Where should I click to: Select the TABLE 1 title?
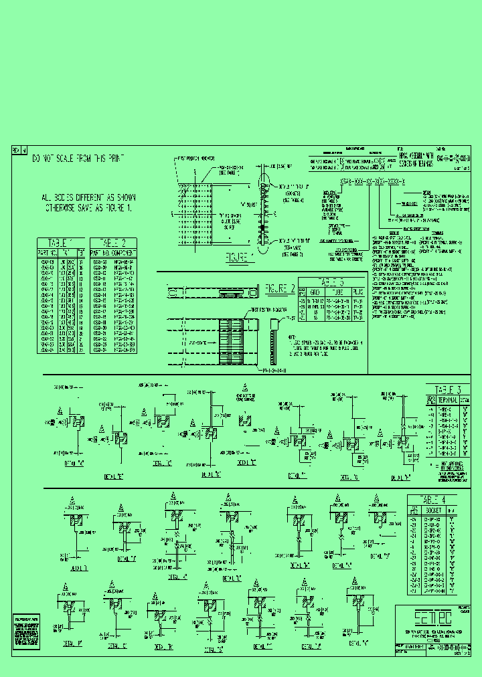(62, 243)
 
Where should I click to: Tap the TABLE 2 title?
(114, 243)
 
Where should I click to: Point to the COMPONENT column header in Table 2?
(125, 252)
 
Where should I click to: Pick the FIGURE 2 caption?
(280, 289)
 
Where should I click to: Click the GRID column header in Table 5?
(315, 292)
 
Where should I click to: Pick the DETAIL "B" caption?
(114, 476)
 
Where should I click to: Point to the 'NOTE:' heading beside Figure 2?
(293, 337)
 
